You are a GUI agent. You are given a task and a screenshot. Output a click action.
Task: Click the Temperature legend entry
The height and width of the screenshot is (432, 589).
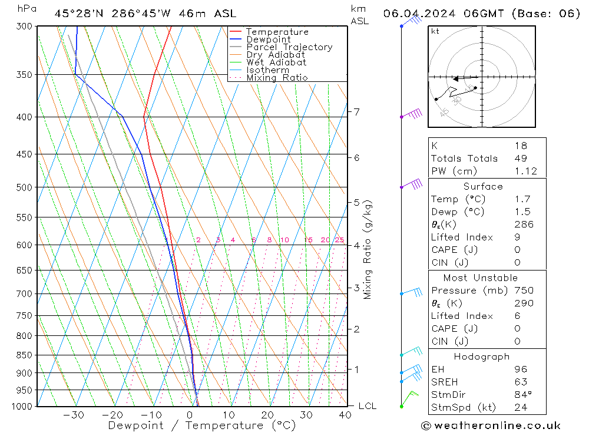[277, 32]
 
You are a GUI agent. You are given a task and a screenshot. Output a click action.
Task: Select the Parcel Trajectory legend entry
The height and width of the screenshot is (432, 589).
[289, 47]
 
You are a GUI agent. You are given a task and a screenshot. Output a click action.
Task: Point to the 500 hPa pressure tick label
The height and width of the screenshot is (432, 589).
[24, 187]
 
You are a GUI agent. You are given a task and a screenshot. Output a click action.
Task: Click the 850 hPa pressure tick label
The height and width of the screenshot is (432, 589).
[24, 355]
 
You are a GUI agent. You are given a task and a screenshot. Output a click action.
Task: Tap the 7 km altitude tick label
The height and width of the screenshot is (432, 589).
[356, 111]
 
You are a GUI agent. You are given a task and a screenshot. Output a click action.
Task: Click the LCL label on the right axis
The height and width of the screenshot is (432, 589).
[367, 406]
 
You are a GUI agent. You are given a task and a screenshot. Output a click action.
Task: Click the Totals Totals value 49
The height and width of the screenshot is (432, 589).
[521, 158]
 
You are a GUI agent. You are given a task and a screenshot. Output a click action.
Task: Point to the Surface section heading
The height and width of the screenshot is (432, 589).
[483, 186]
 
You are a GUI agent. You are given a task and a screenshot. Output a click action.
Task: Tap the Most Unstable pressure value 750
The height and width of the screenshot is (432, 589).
[523, 290]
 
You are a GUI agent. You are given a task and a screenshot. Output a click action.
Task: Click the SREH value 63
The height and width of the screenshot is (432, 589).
[521, 381]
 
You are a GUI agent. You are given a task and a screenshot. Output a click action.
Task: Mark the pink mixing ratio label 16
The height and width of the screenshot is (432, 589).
[308, 240]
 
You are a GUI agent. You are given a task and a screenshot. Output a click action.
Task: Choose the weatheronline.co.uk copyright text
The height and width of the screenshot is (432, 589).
[491, 425]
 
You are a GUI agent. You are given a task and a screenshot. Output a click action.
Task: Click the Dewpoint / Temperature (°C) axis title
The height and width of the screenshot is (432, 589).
[201, 425]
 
